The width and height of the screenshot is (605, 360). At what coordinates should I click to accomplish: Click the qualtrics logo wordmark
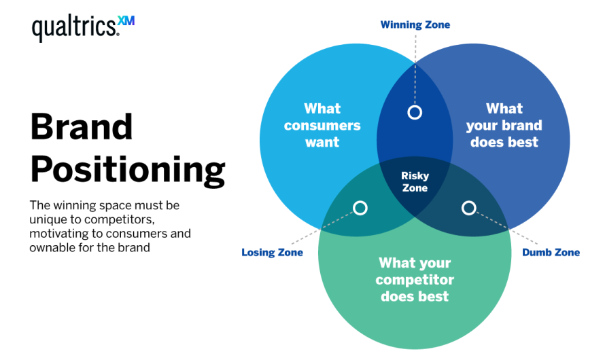[x=73, y=28]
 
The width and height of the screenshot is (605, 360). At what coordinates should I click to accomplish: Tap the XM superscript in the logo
[x=126, y=21]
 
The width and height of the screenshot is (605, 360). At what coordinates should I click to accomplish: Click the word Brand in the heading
[x=81, y=127]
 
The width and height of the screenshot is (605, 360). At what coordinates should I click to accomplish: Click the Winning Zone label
[x=415, y=25]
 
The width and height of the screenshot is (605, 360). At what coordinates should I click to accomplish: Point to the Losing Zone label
[x=272, y=253]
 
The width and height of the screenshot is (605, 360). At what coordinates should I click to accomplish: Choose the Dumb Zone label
[x=551, y=253]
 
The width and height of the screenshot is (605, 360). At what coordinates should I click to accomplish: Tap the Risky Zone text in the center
[x=415, y=182]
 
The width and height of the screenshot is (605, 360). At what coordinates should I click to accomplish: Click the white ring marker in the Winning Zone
[x=415, y=112]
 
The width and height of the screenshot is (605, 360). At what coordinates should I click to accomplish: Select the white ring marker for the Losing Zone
[x=360, y=208]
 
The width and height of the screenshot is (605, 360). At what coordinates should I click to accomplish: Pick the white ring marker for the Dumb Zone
[x=469, y=208]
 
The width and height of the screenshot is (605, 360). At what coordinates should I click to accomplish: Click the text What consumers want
[x=322, y=125]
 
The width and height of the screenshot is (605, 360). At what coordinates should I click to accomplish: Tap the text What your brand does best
[x=504, y=125]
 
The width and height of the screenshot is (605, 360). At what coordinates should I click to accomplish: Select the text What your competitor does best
[x=415, y=279]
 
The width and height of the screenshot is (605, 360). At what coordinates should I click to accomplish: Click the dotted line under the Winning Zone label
[x=415, y=68]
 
